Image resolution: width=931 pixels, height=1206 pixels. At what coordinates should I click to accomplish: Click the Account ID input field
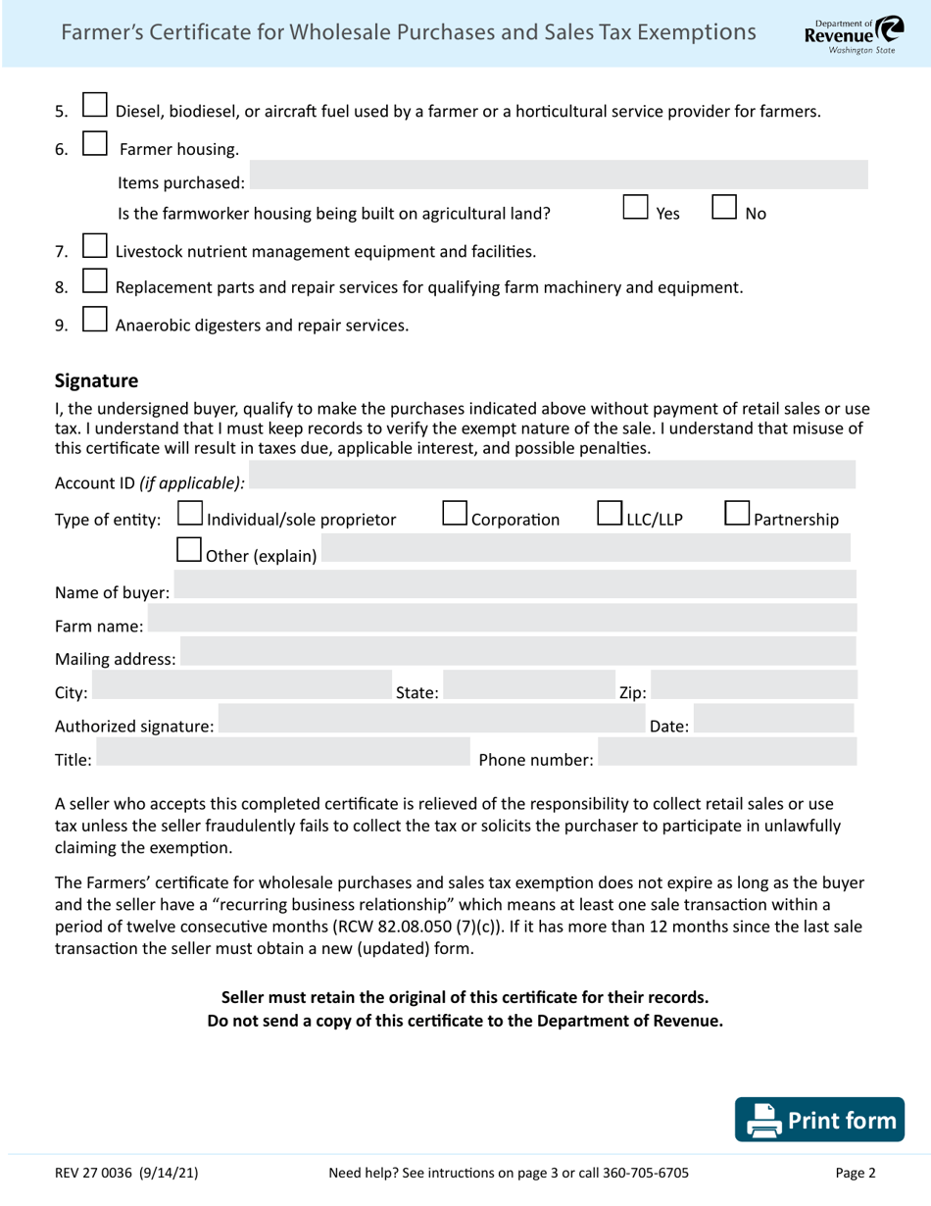(x=553, y=481)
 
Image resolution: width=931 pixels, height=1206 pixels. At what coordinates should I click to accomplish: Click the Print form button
(x=821, y=1120)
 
